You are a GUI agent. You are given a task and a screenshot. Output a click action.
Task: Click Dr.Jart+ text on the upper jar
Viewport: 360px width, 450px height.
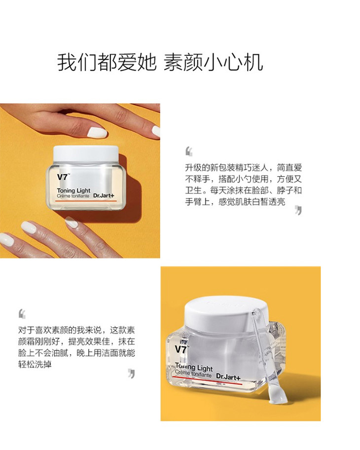[104, 196]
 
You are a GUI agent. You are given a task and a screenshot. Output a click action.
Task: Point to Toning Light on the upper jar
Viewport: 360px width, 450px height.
[73, 190]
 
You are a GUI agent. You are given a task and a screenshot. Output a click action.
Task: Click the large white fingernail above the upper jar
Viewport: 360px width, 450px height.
[97, 133]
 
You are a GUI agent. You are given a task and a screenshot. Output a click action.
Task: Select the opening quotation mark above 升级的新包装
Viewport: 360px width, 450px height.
[189, 151]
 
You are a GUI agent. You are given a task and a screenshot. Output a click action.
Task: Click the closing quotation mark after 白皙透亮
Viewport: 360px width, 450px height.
[298, 210]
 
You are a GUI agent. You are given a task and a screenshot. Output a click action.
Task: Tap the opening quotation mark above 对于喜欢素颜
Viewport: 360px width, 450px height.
[22, 314]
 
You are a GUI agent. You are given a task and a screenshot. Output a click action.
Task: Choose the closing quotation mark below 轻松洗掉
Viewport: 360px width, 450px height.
[131, 374]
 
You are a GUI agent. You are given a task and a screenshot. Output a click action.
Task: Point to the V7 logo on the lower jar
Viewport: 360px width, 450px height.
[180, 349]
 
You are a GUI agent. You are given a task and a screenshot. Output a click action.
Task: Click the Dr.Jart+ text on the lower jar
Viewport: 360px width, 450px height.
[228, 376]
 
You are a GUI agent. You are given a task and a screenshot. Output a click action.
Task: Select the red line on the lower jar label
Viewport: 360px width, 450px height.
[208, 379]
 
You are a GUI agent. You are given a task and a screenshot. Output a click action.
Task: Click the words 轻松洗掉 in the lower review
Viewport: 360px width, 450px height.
[35, 364]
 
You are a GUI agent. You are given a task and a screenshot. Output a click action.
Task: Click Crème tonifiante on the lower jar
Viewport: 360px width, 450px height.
[193, 374]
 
